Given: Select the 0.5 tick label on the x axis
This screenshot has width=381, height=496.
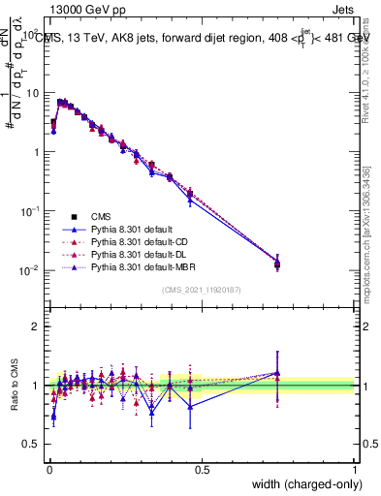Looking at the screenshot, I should [x=202, y=469].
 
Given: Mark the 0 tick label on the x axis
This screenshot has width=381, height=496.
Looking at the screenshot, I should [x=48, y=469].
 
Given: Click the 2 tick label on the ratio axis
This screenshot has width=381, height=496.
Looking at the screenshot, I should [x=37, y=326].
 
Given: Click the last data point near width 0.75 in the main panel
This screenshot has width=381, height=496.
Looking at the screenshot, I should [x=277, y=263].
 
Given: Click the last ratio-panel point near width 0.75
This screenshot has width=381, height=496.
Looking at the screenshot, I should [x=277, y=373].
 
